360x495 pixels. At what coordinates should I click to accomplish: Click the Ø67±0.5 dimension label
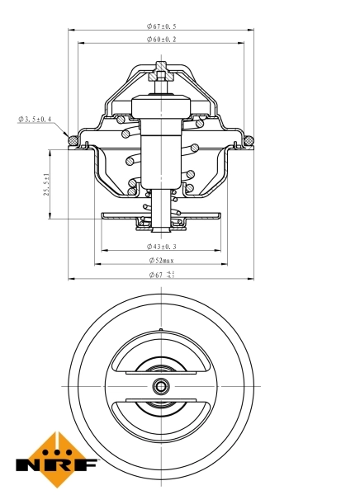[161, 26]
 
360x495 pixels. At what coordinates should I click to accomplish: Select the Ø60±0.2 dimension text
[161, 39]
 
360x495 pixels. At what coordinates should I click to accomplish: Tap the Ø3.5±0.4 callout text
[35, 120]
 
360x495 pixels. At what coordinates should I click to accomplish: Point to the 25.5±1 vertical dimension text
[47, 184]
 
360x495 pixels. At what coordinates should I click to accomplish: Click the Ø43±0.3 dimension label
[161, 246]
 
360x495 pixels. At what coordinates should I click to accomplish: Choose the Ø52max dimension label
[161, 261]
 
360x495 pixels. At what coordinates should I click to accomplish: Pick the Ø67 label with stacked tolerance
[161, 275]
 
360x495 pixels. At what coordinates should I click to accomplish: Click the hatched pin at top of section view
[162, 75]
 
